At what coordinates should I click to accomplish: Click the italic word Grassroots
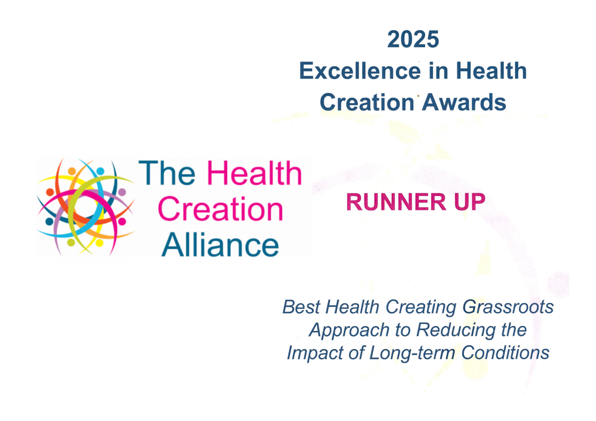[508, 307]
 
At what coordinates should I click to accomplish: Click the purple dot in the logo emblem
[122, 192]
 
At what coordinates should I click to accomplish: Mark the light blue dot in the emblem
[100, 171]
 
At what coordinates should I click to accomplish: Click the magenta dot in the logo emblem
[122, 222]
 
